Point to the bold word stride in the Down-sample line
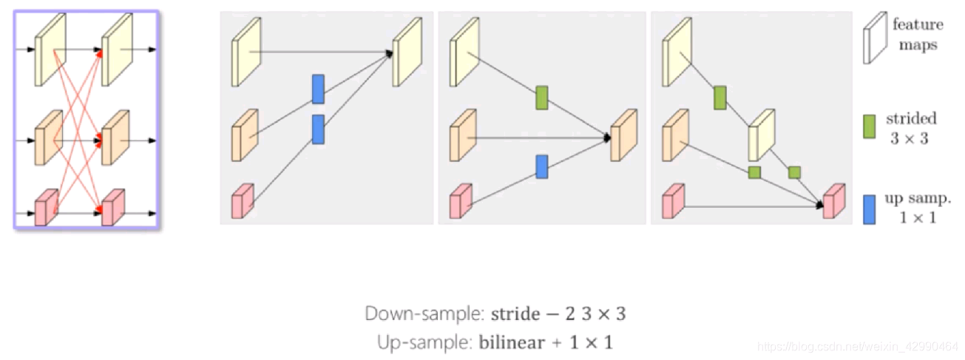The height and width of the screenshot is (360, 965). pos(515,313)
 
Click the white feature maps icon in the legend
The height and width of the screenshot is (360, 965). pos(874,41)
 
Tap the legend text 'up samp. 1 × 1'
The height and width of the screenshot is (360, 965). pos(912,208)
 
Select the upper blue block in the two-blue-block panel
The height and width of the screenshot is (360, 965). pos(318,89)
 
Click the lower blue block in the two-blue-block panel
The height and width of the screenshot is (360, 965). pos(318,129)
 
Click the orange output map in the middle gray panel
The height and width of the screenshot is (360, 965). pos(623,136)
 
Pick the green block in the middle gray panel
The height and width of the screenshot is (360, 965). pos(542,98)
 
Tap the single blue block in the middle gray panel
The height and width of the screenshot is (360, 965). pos(542,166)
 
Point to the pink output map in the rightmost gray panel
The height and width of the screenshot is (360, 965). pos(833,201)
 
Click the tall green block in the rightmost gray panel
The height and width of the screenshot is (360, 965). pos(719,97)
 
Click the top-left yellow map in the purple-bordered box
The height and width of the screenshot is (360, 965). pos(50,50)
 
